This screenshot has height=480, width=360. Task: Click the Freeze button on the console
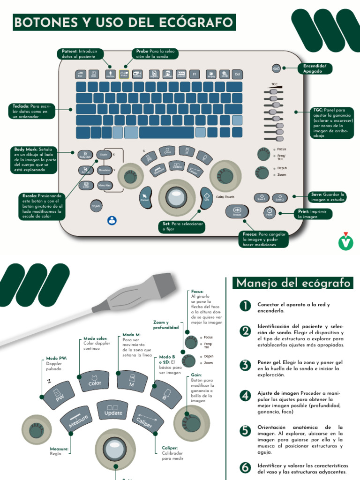[x=237, y=211]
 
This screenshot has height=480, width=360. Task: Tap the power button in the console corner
[x=277, y=68]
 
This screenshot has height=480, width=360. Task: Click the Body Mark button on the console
[x=85, y=155]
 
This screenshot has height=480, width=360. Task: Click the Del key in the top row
[x=237, y=74]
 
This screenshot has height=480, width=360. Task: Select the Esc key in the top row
[x=80, y=74]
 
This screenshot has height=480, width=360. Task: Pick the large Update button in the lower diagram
[x=113, y=410]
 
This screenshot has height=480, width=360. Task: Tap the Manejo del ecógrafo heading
[x=293, y=283]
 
